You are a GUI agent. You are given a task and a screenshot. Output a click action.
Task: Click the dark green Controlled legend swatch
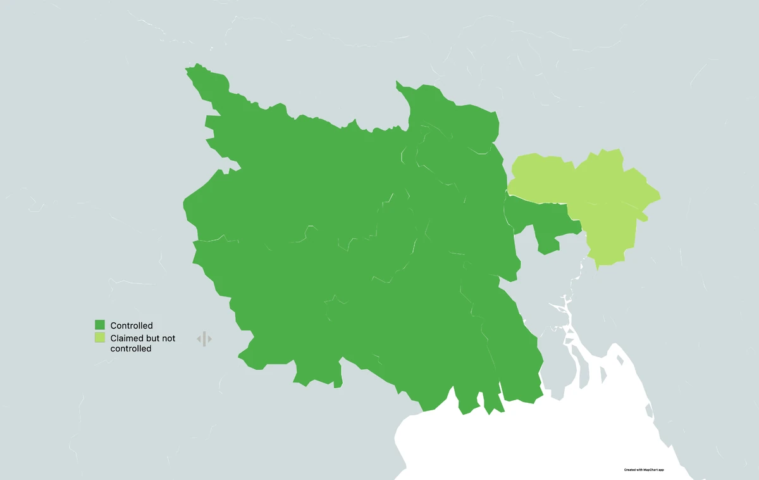(100, 325)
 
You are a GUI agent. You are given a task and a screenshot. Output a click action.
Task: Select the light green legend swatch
(100, 338)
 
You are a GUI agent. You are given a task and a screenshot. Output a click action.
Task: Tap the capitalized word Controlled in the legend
(132, 325)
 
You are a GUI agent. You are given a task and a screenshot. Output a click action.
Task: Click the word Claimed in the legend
(127, 338)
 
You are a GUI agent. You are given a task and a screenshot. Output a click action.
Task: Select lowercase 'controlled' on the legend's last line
(131, 348)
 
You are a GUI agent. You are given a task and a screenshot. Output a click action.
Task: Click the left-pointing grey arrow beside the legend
(199, 339)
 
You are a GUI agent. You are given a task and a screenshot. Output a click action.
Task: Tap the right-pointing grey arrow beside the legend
(209, 339)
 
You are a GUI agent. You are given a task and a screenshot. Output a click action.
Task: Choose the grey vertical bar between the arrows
(204, 339)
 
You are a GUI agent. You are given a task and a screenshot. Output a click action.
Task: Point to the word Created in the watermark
(630, 470)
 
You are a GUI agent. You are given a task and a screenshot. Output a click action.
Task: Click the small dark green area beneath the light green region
(544, 222)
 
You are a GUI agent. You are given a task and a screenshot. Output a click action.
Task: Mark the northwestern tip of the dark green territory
(188, 68)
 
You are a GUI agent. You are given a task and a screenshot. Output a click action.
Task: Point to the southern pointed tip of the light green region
(597, 266)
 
